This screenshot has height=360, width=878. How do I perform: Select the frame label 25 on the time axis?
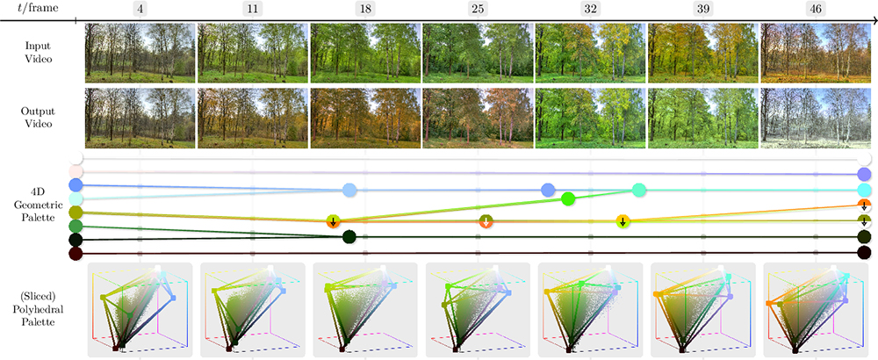point(478,10)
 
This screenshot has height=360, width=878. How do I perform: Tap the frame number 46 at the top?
point(816,10)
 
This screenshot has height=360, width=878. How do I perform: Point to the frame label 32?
point(590,10)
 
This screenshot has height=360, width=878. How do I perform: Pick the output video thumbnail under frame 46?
point(816,118)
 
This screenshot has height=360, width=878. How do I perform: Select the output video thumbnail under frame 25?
point(478,118)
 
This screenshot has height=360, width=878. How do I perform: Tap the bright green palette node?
point(567,199)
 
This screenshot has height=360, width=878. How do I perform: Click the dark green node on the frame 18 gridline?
point(349,235)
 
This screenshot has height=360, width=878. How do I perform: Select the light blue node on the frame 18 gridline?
point(349,190)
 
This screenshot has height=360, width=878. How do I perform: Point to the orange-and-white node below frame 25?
point(485,221)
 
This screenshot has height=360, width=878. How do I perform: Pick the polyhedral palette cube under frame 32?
point(590,309)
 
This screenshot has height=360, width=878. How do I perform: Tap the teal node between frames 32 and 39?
point(639,190)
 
